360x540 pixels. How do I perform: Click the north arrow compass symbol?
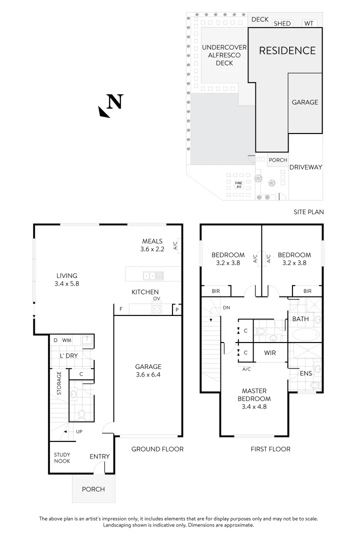tap(111, 105)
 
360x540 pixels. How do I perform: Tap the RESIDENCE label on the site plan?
tap(287, 50)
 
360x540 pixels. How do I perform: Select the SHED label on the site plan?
tap(282, 23)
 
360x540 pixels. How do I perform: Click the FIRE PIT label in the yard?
tap(238, 184)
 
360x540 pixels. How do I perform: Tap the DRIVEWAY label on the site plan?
tap(305, 167)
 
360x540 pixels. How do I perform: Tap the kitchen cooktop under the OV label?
tap(156, 309)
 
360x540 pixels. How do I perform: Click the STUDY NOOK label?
tap(62, 457)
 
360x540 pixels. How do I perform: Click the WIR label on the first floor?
tap(270, 352)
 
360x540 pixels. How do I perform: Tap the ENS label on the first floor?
tap(305, 373)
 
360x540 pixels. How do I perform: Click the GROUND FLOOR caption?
tap(157, 449)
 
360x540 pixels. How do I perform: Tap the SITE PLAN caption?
tap(308, 212)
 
